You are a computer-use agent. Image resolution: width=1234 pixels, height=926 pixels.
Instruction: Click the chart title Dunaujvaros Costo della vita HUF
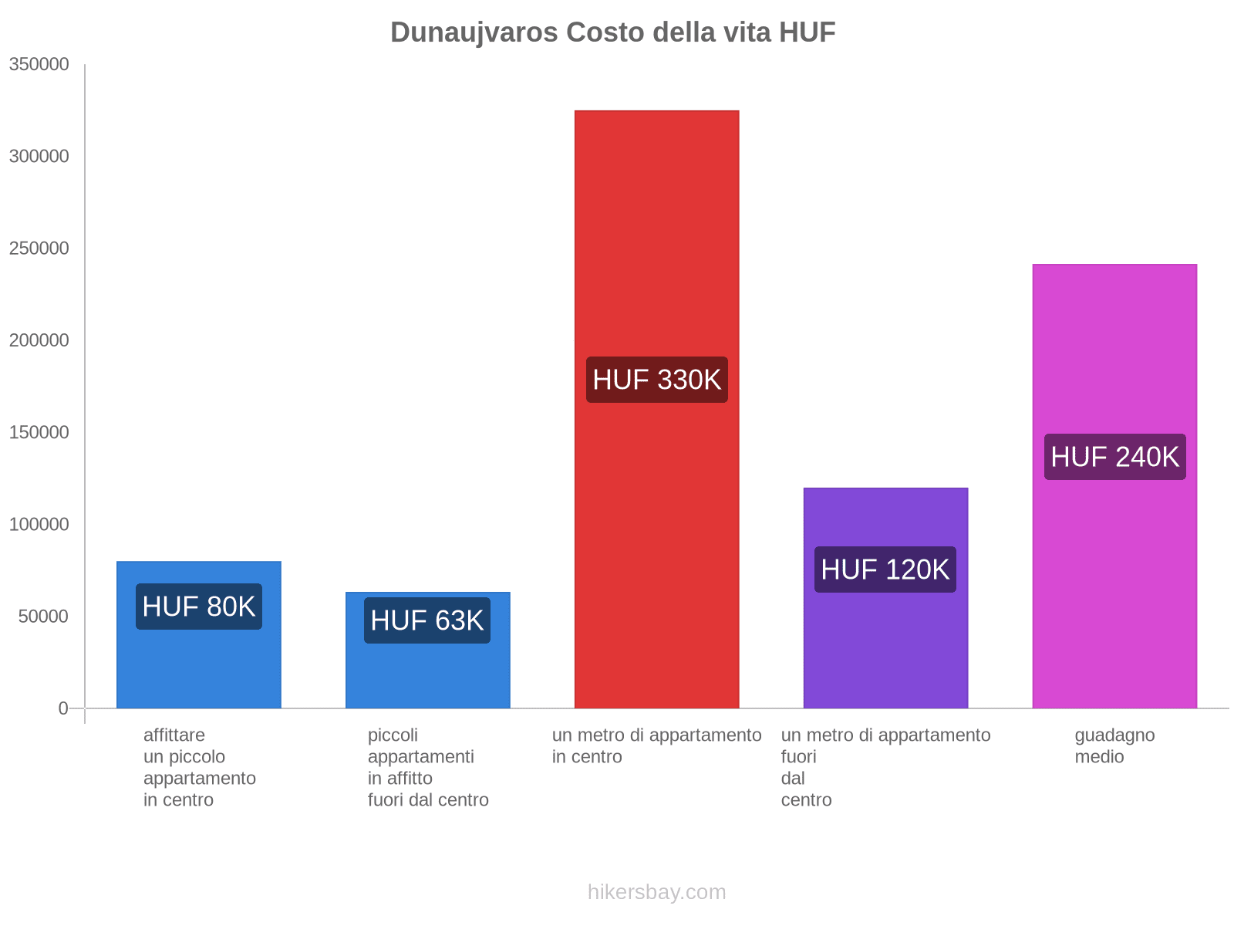pos(612,32)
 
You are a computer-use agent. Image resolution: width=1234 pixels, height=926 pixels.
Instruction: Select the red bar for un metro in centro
pos(656,231)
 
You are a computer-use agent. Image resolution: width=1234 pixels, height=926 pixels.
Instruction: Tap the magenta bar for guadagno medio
pos(1114,347)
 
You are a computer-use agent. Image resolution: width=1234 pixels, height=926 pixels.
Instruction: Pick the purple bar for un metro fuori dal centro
pos(885,648)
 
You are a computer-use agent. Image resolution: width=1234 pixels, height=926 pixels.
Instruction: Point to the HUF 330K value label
pos(656,380)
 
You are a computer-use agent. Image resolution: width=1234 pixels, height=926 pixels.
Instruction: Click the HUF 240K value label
pos(1114,457)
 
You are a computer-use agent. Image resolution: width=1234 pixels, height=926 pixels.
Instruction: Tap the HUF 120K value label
pos(885,569)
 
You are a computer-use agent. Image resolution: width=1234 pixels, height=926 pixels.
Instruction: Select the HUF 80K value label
pos(199,607)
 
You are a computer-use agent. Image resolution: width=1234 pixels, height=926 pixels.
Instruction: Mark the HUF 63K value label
pos(427,620)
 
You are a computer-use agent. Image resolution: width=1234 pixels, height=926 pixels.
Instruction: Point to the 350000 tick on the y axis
pos(39,65)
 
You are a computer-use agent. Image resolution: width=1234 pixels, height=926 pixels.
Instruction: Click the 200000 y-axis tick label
pos(39,340)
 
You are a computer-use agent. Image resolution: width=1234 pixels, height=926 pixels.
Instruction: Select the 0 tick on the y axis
pos(63,708)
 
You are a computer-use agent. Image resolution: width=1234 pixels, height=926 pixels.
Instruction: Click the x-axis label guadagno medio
pos(1114,745)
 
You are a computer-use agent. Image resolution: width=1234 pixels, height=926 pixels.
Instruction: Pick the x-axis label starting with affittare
pos(199,767)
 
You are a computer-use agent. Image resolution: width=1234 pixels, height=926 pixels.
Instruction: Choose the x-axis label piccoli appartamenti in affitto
pos(427,767)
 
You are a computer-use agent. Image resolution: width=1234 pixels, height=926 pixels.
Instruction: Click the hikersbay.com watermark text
pos(656,892)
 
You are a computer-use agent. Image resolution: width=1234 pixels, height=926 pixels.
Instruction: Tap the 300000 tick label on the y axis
pos(39,157)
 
